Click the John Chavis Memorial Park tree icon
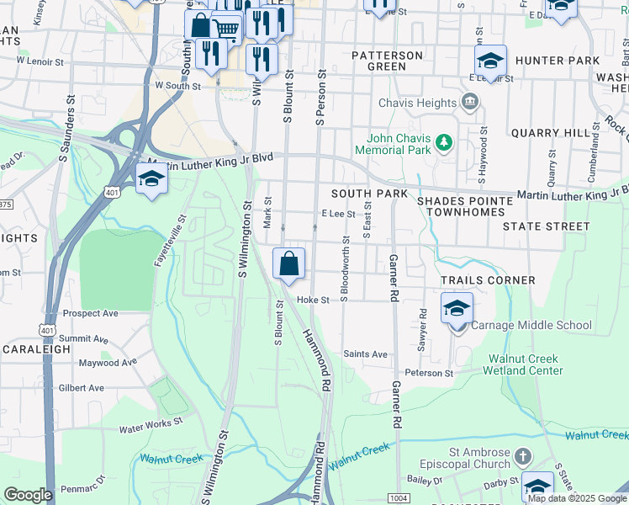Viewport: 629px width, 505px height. pos(445,144)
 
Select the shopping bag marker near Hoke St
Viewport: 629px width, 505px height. pos(288,264)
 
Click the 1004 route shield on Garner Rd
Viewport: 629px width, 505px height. pos(399,498)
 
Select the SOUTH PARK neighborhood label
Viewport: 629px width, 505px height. pos(369,194)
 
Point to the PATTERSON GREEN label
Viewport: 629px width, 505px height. pos(387,61)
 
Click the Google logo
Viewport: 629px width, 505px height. pos(28,494)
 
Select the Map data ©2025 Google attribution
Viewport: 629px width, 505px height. pos(577,498)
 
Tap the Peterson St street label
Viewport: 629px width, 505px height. pos(429,373)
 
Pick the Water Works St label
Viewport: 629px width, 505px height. pos(151,426)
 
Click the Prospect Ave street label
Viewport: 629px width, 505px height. pos(90,313)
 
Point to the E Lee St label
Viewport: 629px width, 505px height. pos(339,215)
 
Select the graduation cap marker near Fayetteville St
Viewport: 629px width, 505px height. pos(151,179)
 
